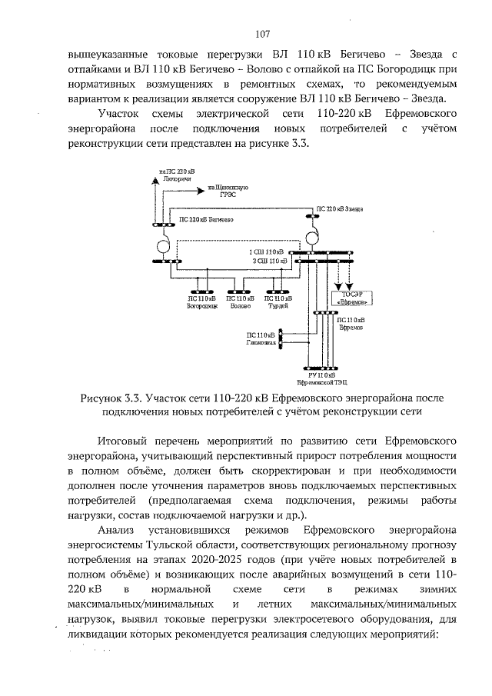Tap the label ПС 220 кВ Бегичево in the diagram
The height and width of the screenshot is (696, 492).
pos(206,219)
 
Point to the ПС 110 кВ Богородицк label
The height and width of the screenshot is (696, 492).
pos(203,302)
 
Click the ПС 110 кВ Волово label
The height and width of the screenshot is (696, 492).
pos(241,302)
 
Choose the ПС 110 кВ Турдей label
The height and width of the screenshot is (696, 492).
pos(278,302)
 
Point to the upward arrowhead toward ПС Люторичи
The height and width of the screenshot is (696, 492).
pos(157,181)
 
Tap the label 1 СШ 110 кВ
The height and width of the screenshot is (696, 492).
pos(265,252)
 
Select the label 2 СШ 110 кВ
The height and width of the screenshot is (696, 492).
pos(270,261)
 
